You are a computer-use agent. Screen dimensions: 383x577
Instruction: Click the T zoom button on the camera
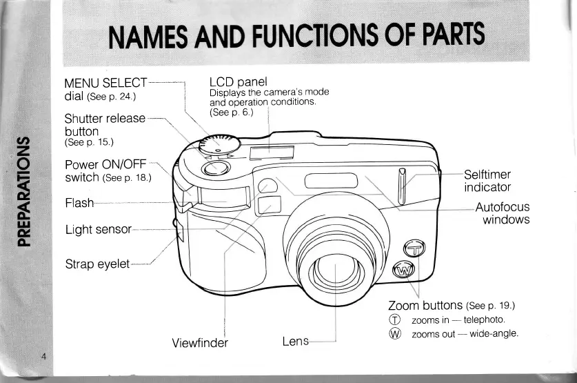pyautogui.click(x=414, y=250)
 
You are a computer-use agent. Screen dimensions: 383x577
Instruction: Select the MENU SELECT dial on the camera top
pyautogui.click(x=216, y=146)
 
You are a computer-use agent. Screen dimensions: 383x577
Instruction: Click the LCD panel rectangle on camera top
pyautogui.click(x=272, y=153)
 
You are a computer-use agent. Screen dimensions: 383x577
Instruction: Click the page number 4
pyautogui.click(x=43, y=357)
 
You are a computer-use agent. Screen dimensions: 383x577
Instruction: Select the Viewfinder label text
pyautogui.click(x=200, y=342)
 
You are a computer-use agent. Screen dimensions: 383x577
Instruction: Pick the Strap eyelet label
pyautogui.click(x=97, y=264)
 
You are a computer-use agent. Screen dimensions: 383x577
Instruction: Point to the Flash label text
pyautogui.click(x=79, y=204)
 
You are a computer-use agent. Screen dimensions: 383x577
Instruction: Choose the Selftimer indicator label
pyautogui.click(x=487, y=181)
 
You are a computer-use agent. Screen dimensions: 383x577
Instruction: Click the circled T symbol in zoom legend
pyautogui.click(x=394, y=320)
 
